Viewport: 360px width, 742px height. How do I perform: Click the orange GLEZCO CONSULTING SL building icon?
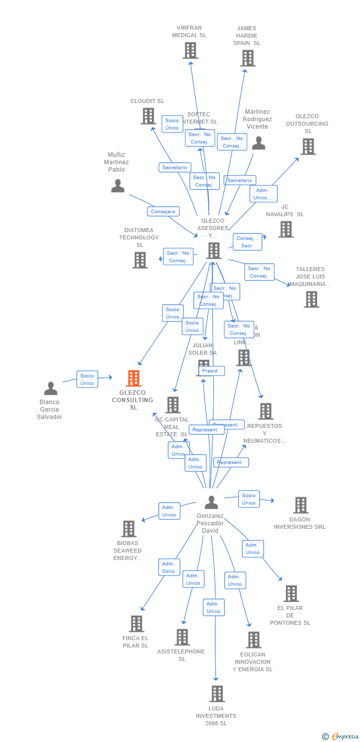(134, 378)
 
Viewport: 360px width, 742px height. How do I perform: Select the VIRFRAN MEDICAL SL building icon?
(190, 50)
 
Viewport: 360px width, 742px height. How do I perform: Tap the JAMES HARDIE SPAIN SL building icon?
(247, 58)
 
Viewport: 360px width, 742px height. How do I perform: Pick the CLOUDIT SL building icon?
(148, 116)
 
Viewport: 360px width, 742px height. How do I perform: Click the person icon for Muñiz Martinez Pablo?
(118, 186)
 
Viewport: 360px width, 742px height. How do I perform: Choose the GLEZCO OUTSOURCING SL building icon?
(308, 147)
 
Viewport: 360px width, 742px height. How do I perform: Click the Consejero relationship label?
(163, 212)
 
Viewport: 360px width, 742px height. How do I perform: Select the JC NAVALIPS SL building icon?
(285, 230)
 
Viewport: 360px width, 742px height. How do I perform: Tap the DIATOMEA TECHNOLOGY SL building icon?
(140, 260)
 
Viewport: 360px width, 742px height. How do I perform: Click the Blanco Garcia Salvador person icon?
(50, 389)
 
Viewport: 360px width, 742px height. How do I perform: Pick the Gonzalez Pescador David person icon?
(211, 503)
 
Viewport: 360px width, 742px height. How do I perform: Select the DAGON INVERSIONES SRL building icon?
(300, 506)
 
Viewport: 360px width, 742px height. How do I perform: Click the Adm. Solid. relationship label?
(169, 567)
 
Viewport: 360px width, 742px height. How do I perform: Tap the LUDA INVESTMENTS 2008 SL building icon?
(217, 694)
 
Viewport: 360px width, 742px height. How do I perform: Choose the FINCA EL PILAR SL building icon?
(136, 624)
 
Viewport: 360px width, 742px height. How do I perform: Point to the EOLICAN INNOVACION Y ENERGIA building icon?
(253, 640)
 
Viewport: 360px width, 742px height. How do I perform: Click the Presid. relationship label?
(212, 371)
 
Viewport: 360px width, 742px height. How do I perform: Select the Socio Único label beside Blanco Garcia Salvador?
(87, 379)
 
